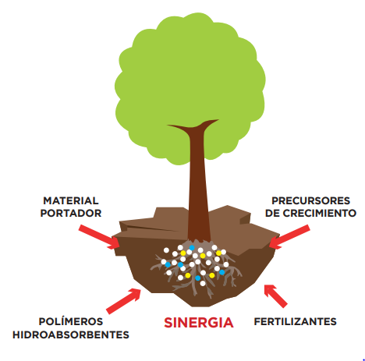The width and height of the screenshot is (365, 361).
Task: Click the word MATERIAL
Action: pyautogui.click(x=71, y=200)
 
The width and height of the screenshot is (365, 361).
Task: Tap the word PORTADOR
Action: pyautogui.click(x=71, y=213)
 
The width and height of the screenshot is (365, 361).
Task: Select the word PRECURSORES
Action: pyautogui.click(x=310, y=200)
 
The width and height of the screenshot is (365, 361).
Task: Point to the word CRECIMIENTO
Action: pyautogui.click(x=319, y=213)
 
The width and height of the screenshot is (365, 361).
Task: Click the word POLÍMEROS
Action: pyautogui.click(x=71, y=321)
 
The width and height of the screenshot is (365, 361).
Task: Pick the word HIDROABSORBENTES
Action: pyautogui.click(x=71, y=334)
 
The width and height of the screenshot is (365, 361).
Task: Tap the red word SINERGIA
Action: pyautogui.click(x=199, y=323)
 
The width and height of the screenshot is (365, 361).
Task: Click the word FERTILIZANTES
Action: pyautogui.click(x=295, y=321)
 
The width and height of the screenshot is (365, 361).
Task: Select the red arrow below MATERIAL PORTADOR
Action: pyautogui.click(x=99, y=237)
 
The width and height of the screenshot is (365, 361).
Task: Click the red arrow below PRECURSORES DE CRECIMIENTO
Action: pyautogui.click(x=289, y=237)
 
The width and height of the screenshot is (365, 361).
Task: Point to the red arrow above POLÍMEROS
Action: pyautogui.click(x=124, y=301)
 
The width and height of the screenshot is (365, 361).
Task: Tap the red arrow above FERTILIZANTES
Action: pyautogui.click(x=275, y=296)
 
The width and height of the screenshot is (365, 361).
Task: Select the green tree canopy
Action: pyautogui.click(x=190, y=86)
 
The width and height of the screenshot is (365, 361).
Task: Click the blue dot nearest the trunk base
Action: pyautogui.click(x=192, y=248)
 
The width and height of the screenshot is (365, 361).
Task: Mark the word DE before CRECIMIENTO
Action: pyautogui.click(x=272, y=213)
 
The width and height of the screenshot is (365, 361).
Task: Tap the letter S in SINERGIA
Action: pyautogui.click(x=168, y=323)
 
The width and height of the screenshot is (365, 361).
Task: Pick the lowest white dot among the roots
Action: pyautogui.click(x=203, y=283)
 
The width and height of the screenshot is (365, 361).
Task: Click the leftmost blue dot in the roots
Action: pyautogui.click(x=168, y=265)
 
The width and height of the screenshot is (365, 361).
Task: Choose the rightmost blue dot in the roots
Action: pyautogui.click(x=221, y=272)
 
